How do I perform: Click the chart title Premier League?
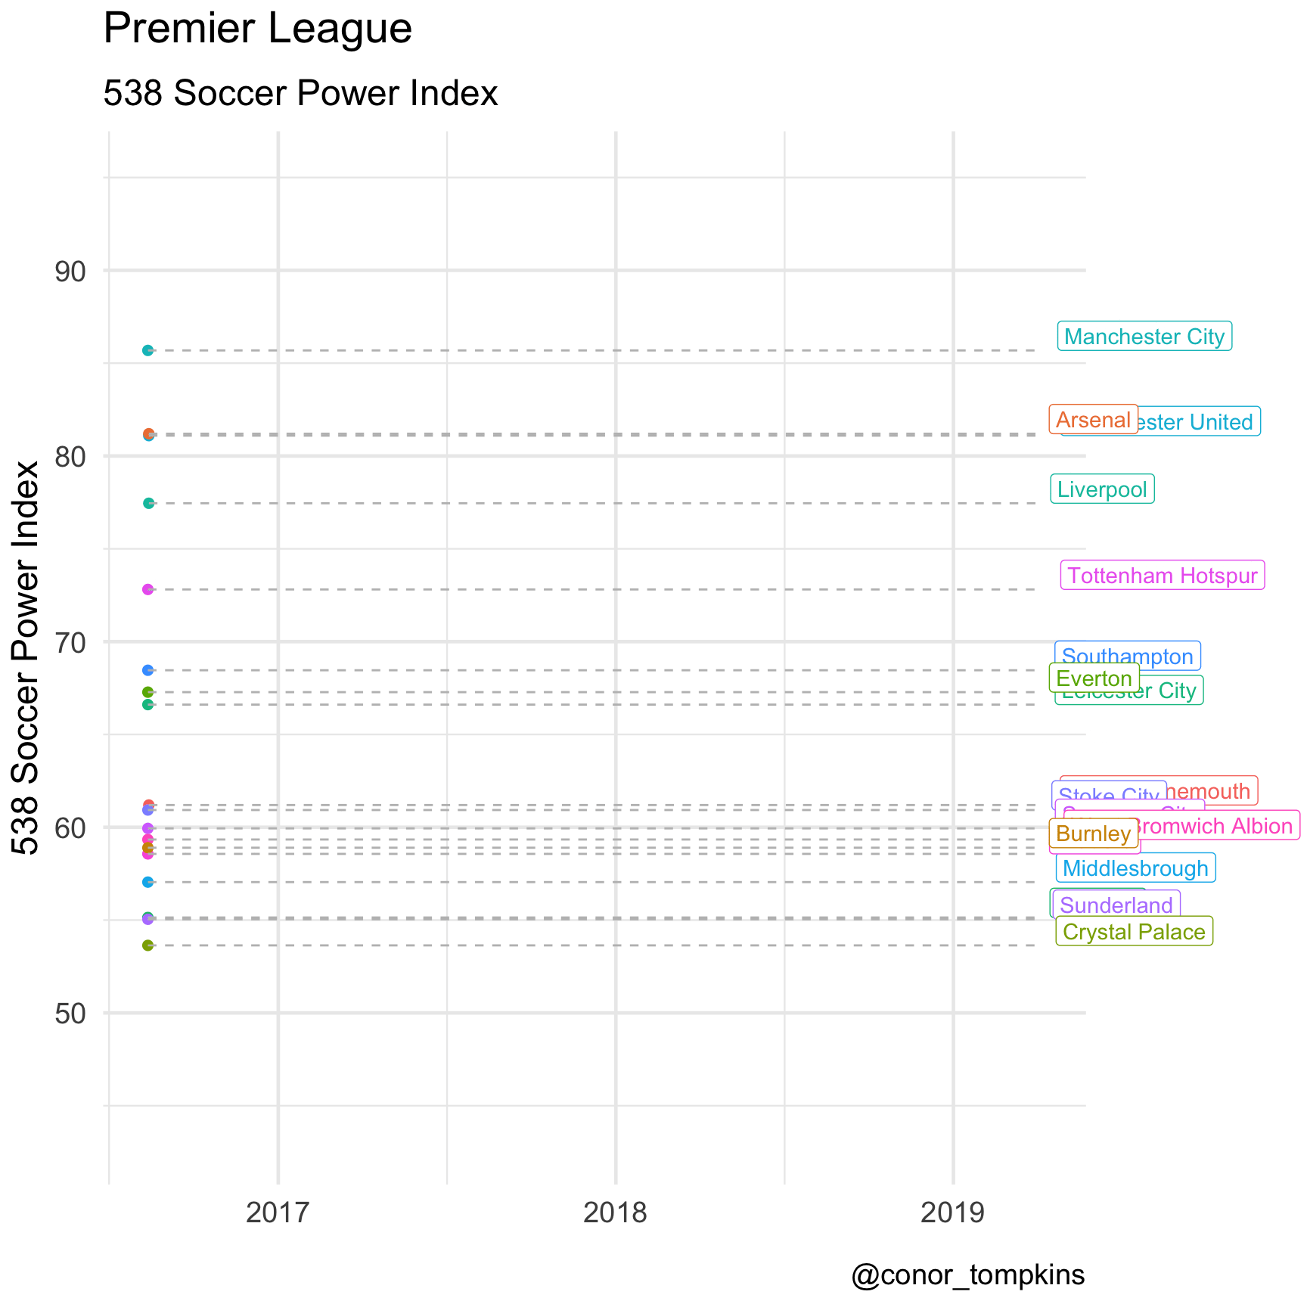pyautogui.click(x=257, y=29)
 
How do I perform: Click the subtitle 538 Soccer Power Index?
pyautogui.click(x=300, y=94)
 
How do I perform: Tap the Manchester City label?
pyautogui.click(x=1144, y=337)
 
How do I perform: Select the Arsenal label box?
pyautogui.click(x=1092, y=420)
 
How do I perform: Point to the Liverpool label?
pyautogui.click(x=1102, y=489)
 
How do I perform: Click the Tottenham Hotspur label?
pyautogui.click(x=1163, y=576)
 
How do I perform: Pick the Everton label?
pyautogui.click(x=1094, y=678)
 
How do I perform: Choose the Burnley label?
pyautogui.click(x=1093, y=834)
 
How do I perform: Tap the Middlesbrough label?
pyautogui.click(x=1135, y=868)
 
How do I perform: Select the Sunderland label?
pyautogui.click(x=1116, y=905)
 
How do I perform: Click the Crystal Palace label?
pyautogui.click(x=1134, y=932)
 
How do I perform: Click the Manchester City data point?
pyautogui.click(x=148, y=350)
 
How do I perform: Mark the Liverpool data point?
pyautogui.click(x=148, y=503)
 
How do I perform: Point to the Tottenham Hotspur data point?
pyautogui.click(x=148, y=589)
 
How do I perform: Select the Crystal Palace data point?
pyautogui.click(x=148, y=945)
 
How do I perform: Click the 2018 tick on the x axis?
pyautogui.click(x=616, y=1212)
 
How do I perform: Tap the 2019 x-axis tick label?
pyautogui.click(x=953, y=1212)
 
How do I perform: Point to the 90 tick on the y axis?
pyautogui.click(x=70, y=271)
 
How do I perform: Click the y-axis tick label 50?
pyautogui.click(x=70, y=1014)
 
